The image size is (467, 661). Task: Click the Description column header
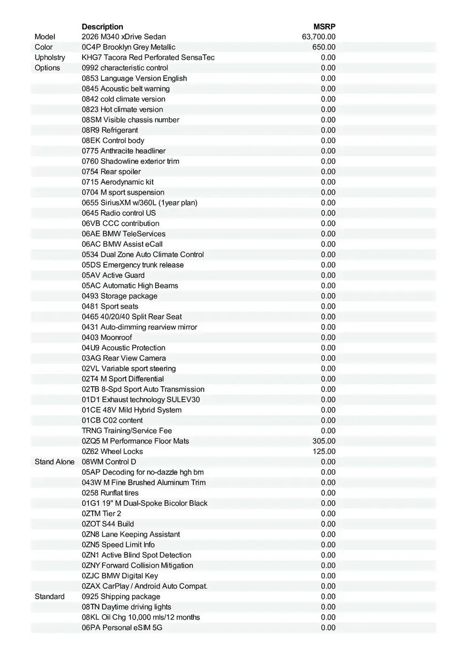[x=102, y=26]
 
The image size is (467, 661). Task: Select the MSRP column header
[x=324, y=26]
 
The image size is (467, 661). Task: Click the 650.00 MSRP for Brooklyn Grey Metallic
[x=324, y=47]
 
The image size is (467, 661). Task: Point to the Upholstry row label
[x=50, y=57]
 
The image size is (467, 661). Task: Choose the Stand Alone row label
[x=55, y=462]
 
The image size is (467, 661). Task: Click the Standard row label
[x=50, y=597]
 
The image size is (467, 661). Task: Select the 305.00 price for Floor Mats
[x=324, y=441]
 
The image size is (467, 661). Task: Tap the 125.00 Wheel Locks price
[x=324, y=452]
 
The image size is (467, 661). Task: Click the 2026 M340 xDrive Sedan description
[x=123, y=37]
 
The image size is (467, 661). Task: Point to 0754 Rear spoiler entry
[x=111, y=171]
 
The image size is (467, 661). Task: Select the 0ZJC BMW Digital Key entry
[x=120, y=576]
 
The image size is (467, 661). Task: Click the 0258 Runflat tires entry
[x=110, y=493]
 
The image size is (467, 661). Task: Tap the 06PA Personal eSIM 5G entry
[x=122, y=627]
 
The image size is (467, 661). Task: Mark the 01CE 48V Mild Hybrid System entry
[x=132, y=410]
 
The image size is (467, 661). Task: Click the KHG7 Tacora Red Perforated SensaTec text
[x=148, y=57]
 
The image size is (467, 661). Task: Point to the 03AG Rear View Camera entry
[x=124, y=358]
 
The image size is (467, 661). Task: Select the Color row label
[x=44, y=47]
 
